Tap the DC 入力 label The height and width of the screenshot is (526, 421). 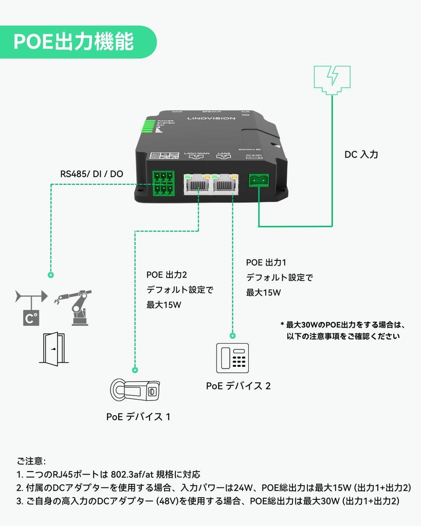[x=361, y=154]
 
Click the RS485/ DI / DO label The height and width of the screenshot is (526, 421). [x=91, y=174]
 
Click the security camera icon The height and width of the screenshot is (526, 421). [x=135, y=391]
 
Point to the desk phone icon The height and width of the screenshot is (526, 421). [x=232, y=358]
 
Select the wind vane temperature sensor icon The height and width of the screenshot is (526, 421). [x=31, y=308]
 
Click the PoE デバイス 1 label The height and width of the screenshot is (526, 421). [x=138, y=417]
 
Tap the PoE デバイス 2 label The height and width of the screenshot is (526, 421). [x=238, y=386]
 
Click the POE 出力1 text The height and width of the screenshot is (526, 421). [x=266, y=263]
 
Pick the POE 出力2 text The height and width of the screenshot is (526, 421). [x=167, y=275]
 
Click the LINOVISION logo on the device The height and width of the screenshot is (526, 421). [x=211, y=118]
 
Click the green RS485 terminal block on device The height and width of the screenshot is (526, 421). [x=162, y=183]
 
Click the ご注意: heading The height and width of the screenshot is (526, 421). [x=31, y=461]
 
